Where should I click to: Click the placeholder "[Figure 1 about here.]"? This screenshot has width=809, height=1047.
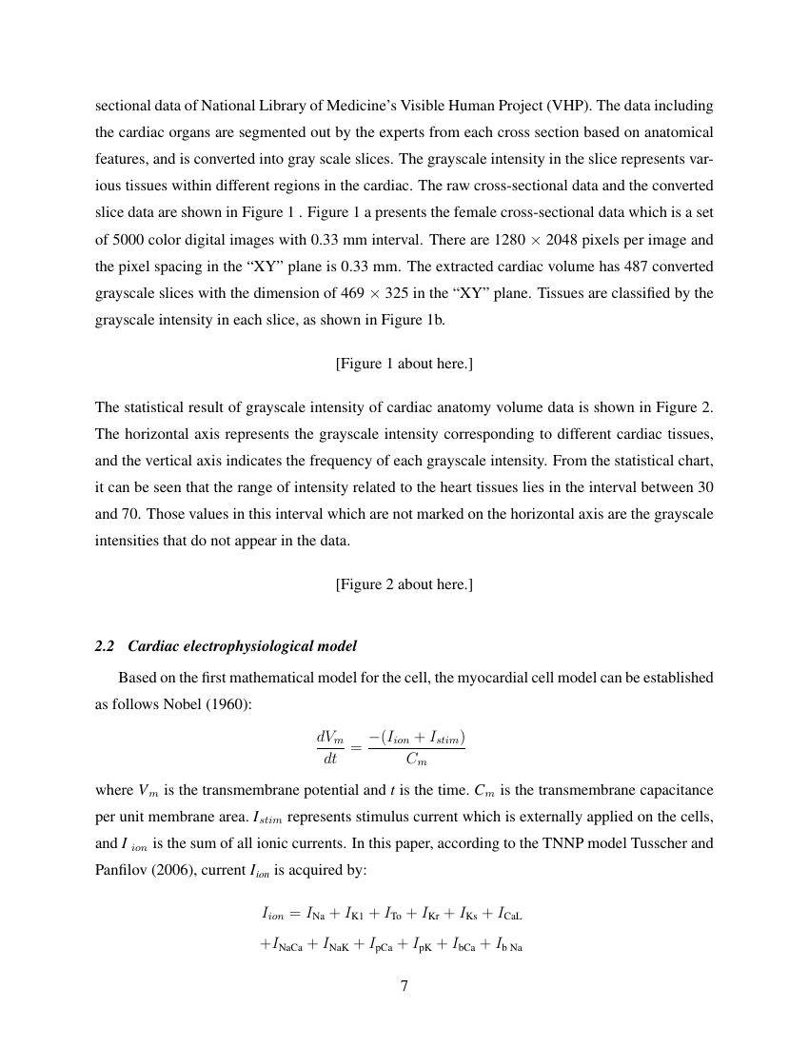tap(404, 364)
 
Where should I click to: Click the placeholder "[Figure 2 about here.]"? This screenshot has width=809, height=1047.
tap(404, 584)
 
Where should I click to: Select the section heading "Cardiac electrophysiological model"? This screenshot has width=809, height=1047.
tap(242, 646)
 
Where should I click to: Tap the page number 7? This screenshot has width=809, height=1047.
tap(404, 986)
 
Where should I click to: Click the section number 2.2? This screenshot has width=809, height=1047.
tap(106, 646)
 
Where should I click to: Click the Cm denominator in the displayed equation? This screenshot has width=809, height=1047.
tap(416, 760)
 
